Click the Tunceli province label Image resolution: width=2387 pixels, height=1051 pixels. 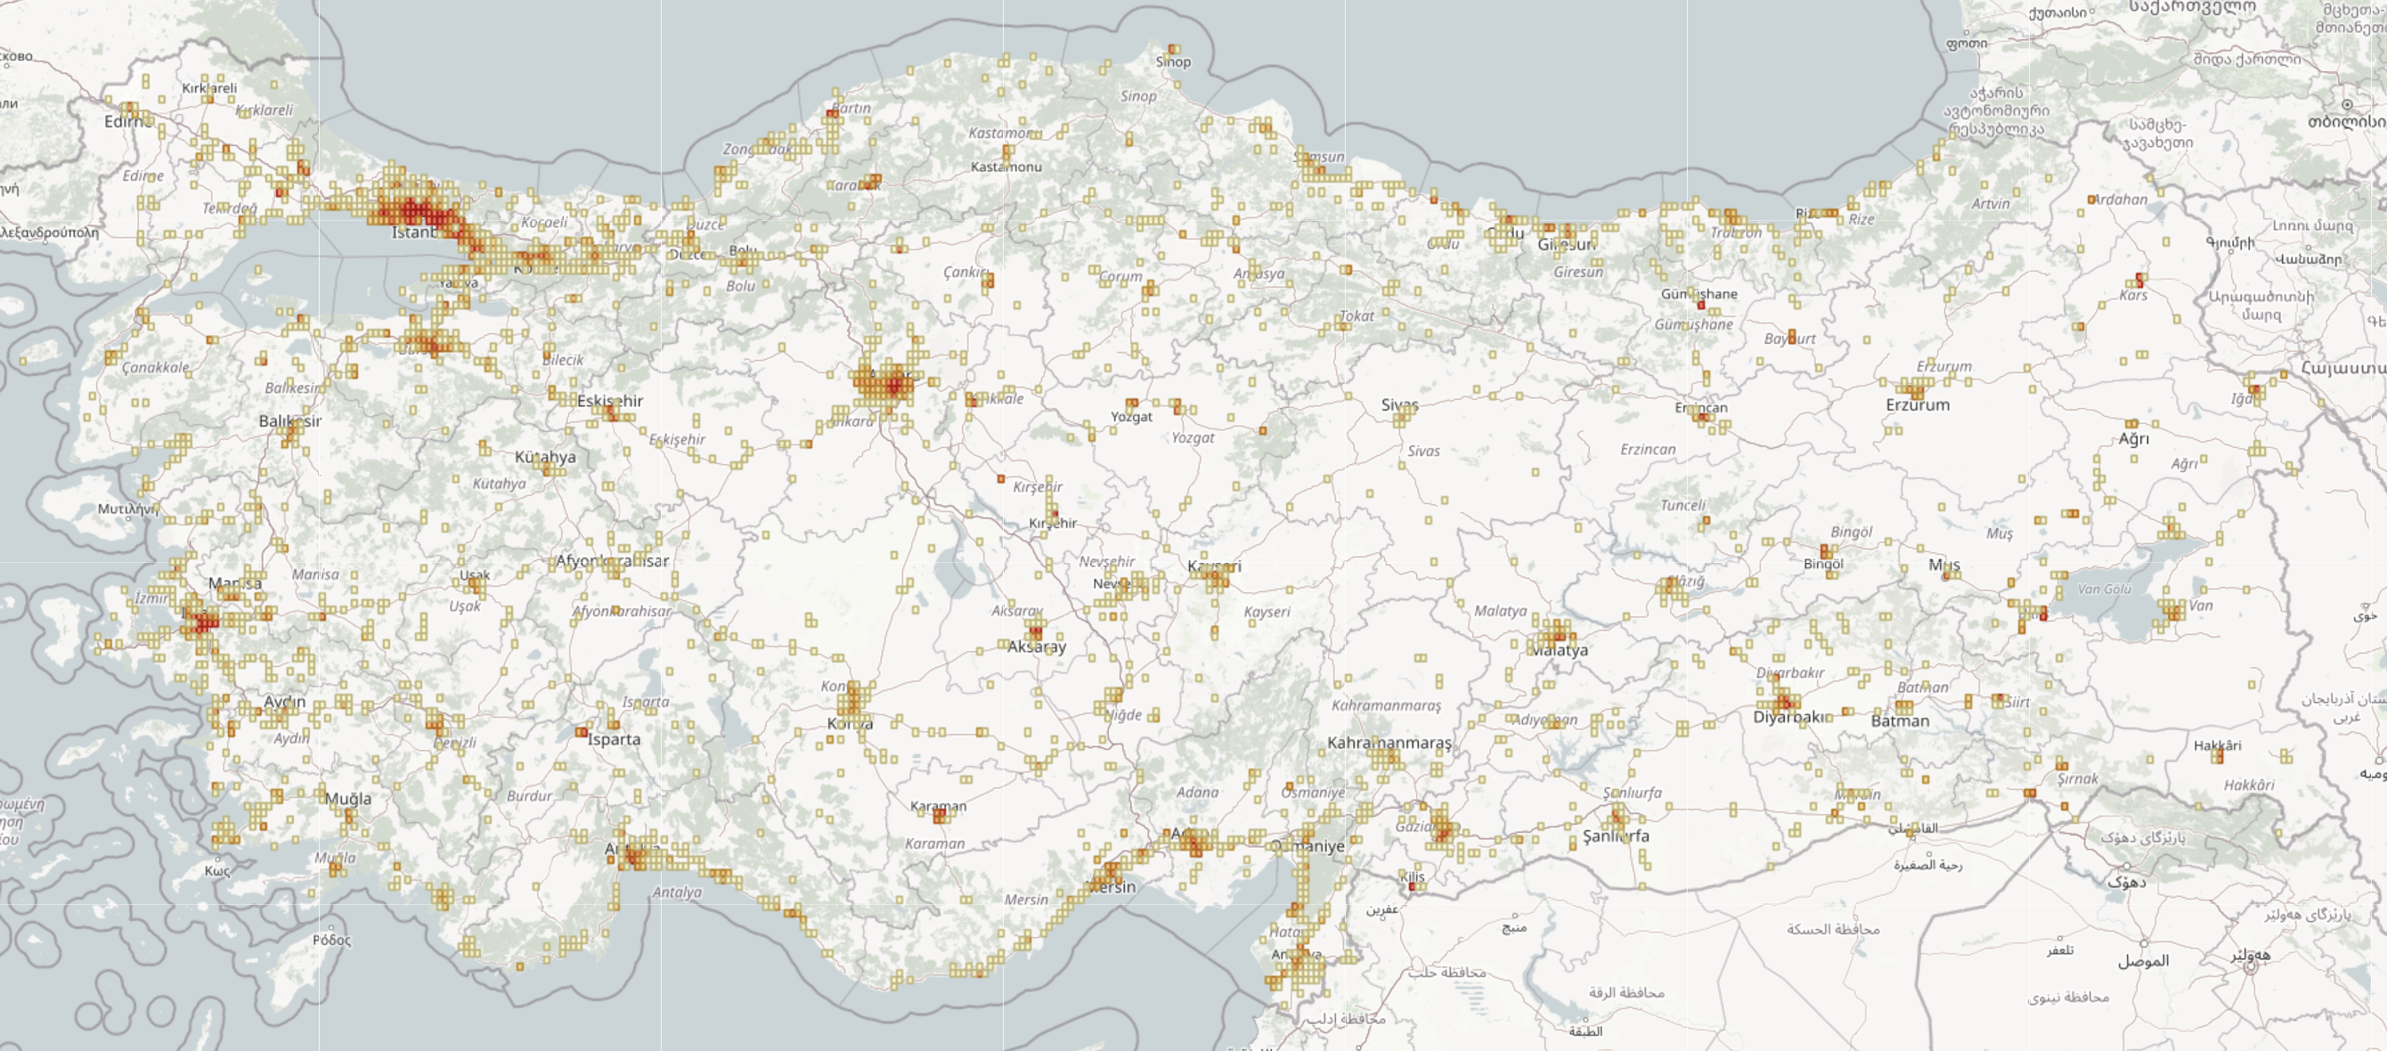[x=1682, y=505]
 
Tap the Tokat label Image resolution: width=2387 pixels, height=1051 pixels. [x=1356, y=316]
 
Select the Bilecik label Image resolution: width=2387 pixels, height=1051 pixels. [x=563, y=360]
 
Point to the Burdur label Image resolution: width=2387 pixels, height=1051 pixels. [x=529, y=795]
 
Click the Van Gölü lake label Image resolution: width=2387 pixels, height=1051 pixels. [x=2105, y=589]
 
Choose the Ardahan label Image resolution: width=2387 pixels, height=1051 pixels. [x=2120, y=200]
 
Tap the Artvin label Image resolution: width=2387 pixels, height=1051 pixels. [x=1991, y=204]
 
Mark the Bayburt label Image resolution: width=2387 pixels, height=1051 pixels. [x=1789, y=339]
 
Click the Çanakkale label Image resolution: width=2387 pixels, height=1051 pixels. [x=156, y=367]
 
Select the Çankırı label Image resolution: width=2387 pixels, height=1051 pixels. [x=966, y=273]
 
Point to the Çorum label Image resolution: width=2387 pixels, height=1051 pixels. [x=1120, y=276]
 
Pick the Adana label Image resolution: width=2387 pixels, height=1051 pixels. [x=1197, y=793]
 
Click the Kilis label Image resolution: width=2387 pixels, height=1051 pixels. [x=1413, y=876]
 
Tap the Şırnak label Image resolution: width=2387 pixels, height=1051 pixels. [x=2078, y=778]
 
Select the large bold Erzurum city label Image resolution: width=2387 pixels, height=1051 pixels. [x=1918, y=405]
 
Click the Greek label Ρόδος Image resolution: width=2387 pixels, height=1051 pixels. [x=331, y=940]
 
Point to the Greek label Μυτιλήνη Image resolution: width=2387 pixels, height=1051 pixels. [x=128, y=509]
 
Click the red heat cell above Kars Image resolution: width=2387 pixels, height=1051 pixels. [x=2139, y=279]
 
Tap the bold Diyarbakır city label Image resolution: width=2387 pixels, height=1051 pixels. [x=1788, y=716]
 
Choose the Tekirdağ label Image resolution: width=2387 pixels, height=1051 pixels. [x=230, y=208]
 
